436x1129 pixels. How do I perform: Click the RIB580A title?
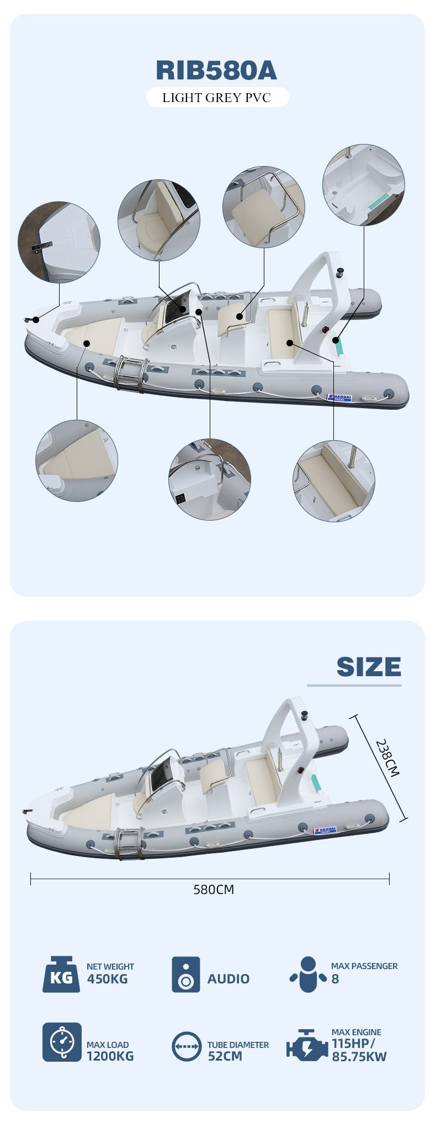point(216,70)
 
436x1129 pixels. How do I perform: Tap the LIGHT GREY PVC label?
point(217,98)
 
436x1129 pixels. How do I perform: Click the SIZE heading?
point(369,666)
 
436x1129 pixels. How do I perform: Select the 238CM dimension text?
point(387,758)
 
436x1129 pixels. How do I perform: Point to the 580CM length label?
point(214,889)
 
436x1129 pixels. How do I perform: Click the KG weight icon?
point(61,974)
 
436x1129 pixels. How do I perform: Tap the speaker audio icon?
point(185,974)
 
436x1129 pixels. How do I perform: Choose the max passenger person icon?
point(307,974)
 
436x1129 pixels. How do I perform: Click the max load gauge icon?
point(62,1042)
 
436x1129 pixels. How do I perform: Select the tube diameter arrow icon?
point(187,1046)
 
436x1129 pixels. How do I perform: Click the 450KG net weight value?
point(107,979)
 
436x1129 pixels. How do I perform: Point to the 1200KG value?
point(110,1056)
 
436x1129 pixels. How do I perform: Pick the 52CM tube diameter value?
point(225,1056)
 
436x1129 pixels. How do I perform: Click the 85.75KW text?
point(359,1056)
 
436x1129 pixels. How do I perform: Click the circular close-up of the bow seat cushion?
point(77,461)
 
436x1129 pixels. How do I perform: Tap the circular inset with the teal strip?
point(364,185)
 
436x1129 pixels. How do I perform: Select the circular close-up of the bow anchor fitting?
point(59,242)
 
